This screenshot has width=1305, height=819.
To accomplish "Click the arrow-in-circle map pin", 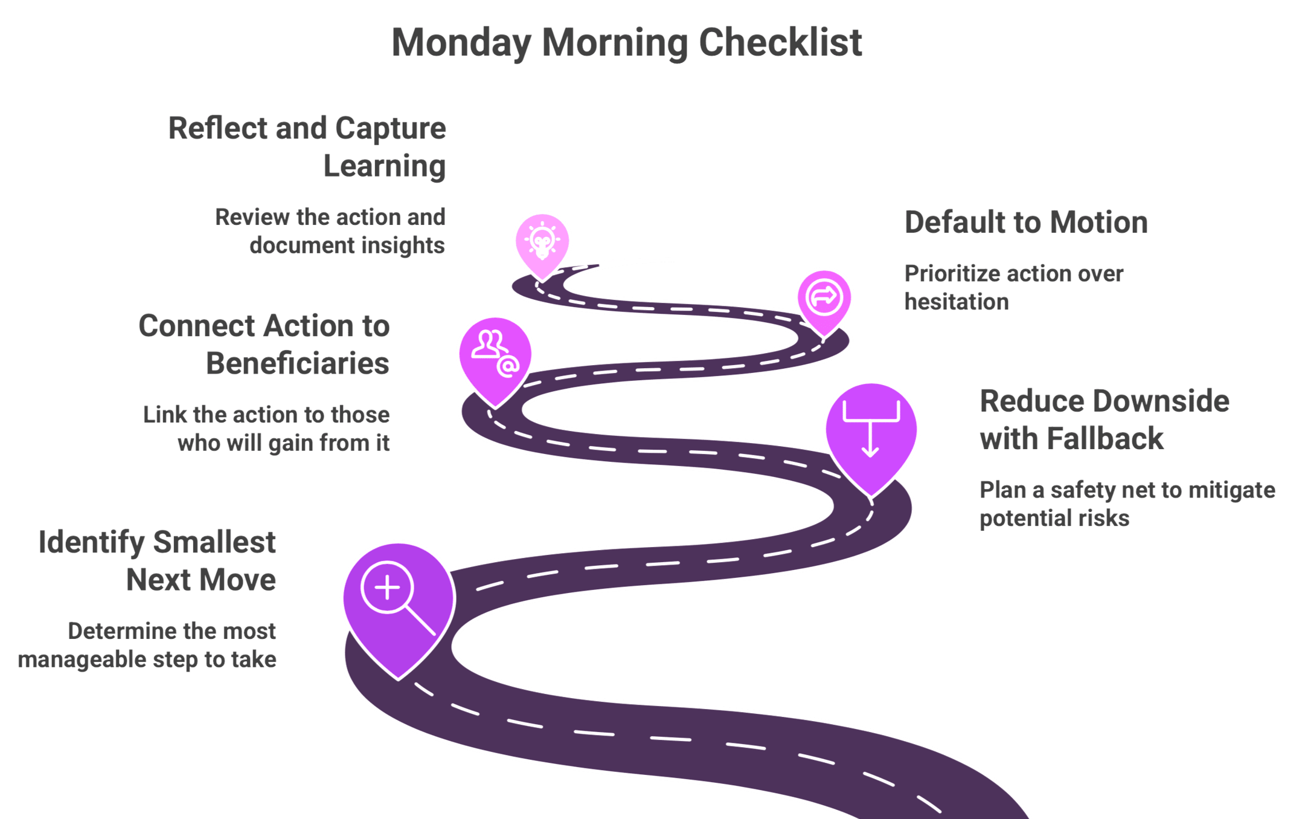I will [824, 298].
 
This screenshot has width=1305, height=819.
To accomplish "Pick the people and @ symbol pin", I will [495, 357].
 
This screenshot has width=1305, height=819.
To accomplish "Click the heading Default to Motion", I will [1026, 222].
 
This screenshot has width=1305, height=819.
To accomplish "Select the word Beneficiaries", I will [298, 364].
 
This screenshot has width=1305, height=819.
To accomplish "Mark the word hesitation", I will [956, 302].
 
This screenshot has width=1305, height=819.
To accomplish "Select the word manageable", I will [82, 659].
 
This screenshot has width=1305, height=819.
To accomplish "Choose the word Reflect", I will [218, 129].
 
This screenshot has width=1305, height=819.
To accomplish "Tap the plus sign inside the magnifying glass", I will [387, 587].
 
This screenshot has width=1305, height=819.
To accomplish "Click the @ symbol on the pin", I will [508, 366].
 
